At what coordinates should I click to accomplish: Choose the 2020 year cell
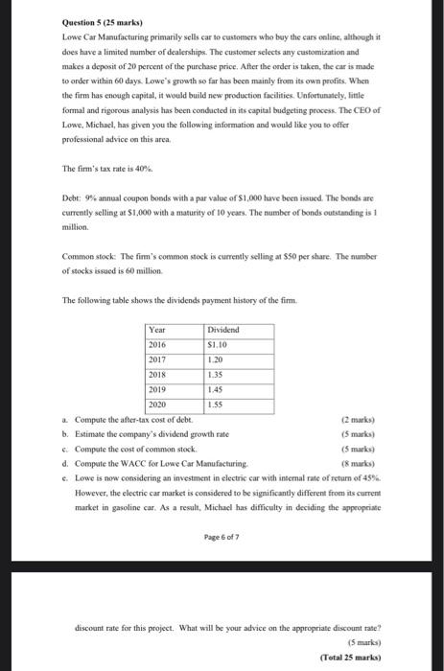pyautogui.click(x=158, y=405)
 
